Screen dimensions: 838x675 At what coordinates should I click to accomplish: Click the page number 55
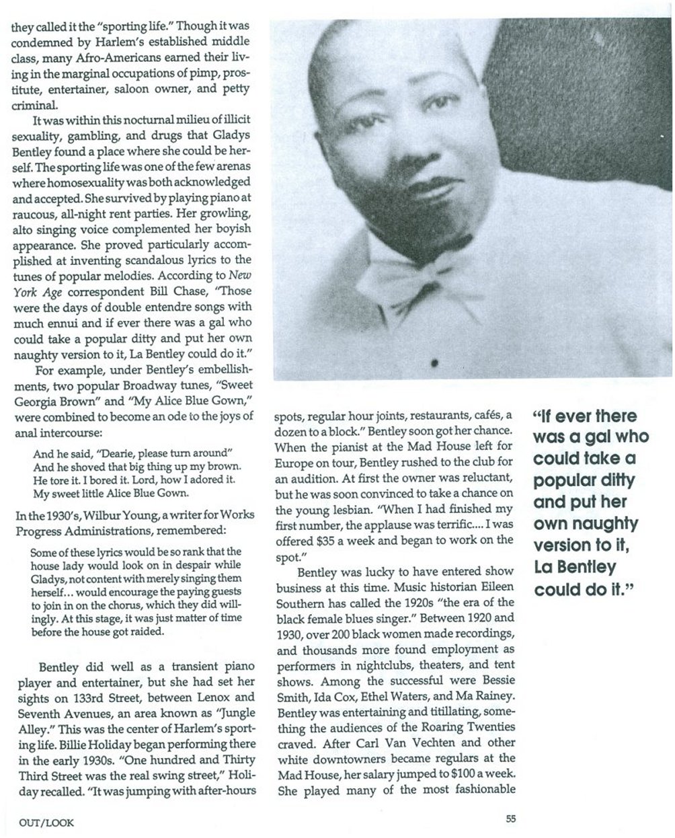click(x=511, y=819)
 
